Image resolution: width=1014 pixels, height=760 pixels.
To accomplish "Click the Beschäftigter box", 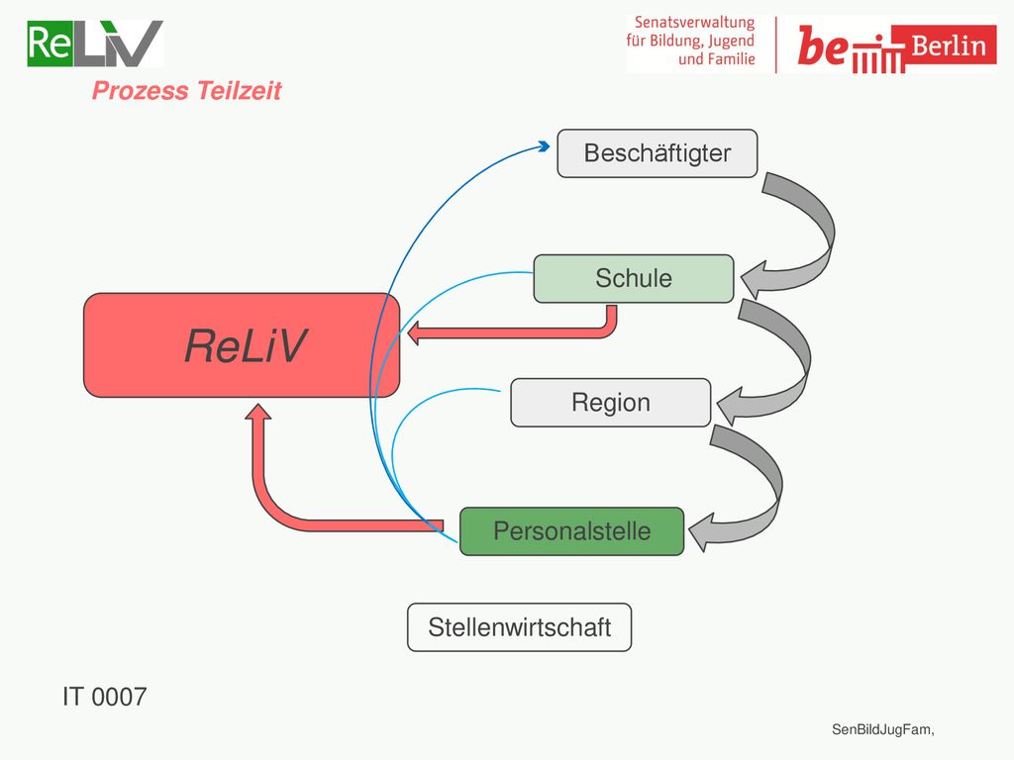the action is pos(658,153).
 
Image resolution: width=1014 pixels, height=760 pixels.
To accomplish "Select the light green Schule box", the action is pos(634,278).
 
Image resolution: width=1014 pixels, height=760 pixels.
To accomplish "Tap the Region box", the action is pos(610,403).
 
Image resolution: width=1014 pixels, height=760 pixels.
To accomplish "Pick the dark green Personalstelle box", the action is pos(571,531).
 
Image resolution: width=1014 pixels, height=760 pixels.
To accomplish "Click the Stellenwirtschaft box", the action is pos(519,627).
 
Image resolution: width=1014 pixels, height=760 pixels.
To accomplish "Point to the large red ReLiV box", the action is pos(242,345).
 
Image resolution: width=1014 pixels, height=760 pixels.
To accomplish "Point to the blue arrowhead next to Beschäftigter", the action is pos(545,146).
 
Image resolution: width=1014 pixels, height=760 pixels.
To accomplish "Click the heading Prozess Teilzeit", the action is pos(187,90).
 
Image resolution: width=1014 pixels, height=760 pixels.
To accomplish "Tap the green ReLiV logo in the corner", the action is pos(95,44).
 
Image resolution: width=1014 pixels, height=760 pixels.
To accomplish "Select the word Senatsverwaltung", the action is pos(694,22).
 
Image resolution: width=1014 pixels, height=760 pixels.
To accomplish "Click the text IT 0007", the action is pos(105,697).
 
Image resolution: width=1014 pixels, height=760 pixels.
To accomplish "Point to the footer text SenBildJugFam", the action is pos(882,729).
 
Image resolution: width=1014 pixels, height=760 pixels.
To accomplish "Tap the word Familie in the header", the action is pos(731,59).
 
